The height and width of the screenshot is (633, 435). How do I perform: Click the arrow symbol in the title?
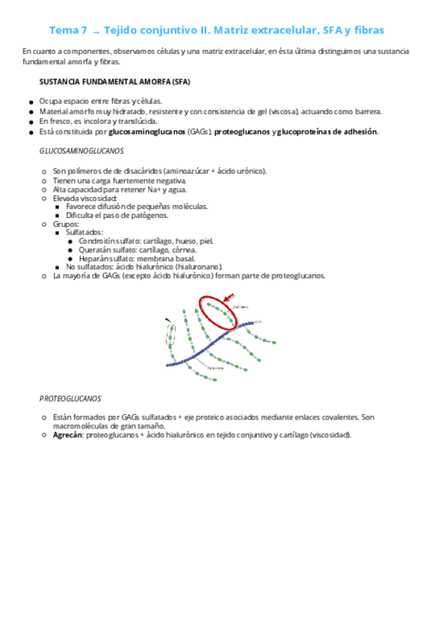coord(95,31)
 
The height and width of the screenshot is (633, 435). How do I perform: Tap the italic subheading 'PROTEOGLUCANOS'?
coord(70,398)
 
